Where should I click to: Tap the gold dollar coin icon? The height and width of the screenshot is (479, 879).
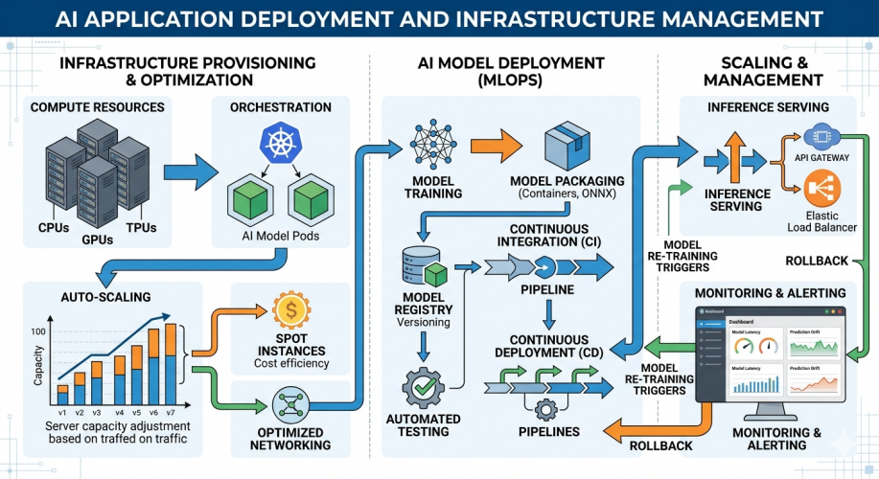pyautogui.click(x=290, y=309)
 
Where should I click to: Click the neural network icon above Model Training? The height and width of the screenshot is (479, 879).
pyautogui.click(x=432, y=146)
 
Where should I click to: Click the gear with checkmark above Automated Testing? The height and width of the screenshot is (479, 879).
pyautogui.click(x=423, y=388)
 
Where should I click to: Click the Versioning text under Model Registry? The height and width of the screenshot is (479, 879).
pyautogui.click(x=423, y=323)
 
